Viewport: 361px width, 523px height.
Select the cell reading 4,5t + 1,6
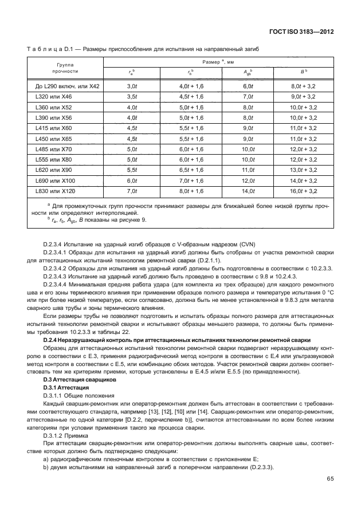point(192,97)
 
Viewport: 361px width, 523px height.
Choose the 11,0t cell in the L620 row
point(248,170)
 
